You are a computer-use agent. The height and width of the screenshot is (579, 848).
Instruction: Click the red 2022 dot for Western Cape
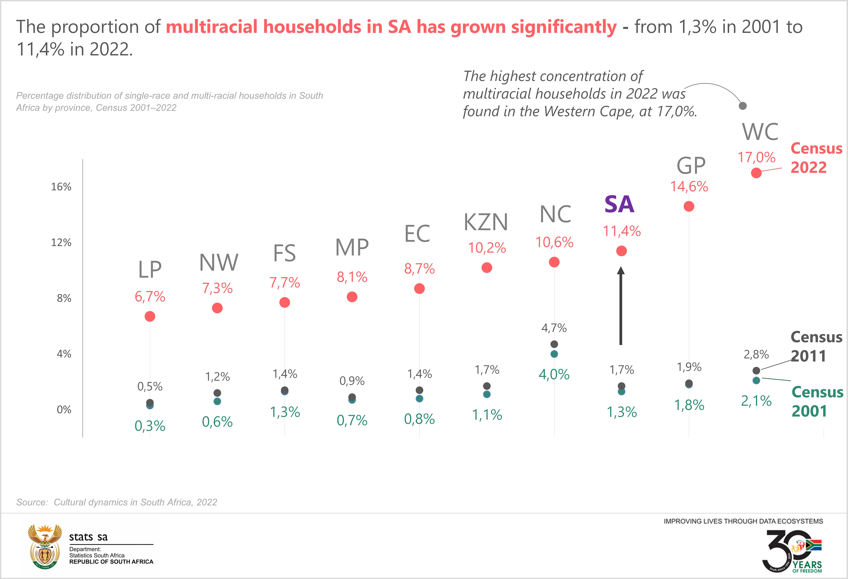click(756, 173)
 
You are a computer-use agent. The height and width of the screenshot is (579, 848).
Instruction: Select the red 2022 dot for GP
click(689, 206)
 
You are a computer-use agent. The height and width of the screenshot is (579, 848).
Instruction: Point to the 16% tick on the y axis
click(61, 187)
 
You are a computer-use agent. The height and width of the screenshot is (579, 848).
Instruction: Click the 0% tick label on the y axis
click(64, 409)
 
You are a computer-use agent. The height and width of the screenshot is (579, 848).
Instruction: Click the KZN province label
click(486, 222)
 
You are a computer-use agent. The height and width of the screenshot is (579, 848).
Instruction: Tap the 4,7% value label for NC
click(554, 328)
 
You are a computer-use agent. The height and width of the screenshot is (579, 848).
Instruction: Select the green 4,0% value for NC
click(554, 374)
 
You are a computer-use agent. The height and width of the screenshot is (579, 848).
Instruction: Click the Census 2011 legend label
click(816, 346)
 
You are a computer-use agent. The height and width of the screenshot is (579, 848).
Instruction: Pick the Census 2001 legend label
click(817, 402)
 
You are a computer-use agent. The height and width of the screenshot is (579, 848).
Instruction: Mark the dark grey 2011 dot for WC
click(756, 370)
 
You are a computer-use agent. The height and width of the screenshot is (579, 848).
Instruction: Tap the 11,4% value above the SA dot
click(621, 231)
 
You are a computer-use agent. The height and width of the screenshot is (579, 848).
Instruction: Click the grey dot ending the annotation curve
click(743, 106)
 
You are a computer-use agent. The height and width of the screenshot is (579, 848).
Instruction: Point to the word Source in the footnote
click(32, 502)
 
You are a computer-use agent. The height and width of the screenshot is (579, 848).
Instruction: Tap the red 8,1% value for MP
click(352, 277)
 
